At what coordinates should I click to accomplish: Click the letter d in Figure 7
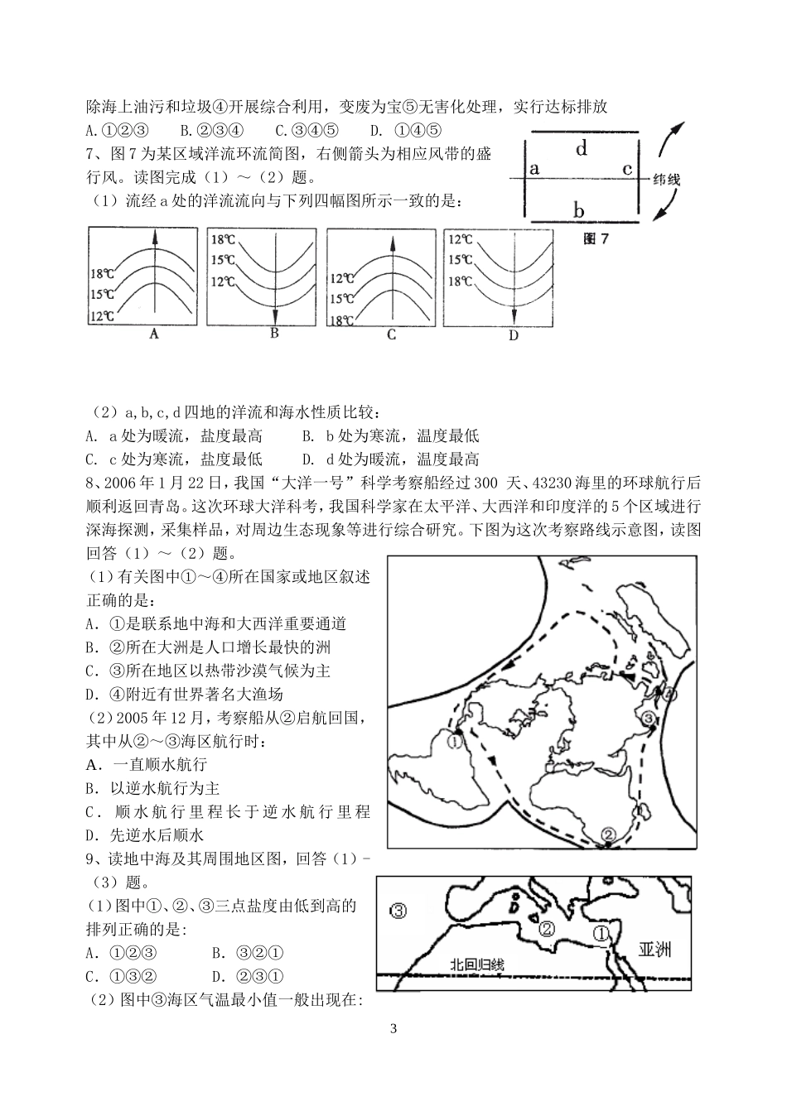[582, 149]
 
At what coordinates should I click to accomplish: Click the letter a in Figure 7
[534, 169]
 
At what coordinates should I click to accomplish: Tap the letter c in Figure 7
[627, 169]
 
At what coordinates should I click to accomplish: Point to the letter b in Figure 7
[579, 209]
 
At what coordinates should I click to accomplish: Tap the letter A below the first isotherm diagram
[152, 334]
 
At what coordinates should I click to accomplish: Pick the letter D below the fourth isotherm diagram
[513, 335]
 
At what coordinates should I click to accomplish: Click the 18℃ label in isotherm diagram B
[222, 240]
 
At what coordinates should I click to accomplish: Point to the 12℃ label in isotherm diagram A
[103, 315]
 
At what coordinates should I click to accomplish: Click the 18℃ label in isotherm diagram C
[342, 320]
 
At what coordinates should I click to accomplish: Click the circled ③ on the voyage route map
[648, 717]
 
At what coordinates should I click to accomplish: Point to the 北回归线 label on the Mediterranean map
[476, 964]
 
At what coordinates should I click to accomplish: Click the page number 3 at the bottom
[393, 1029]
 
